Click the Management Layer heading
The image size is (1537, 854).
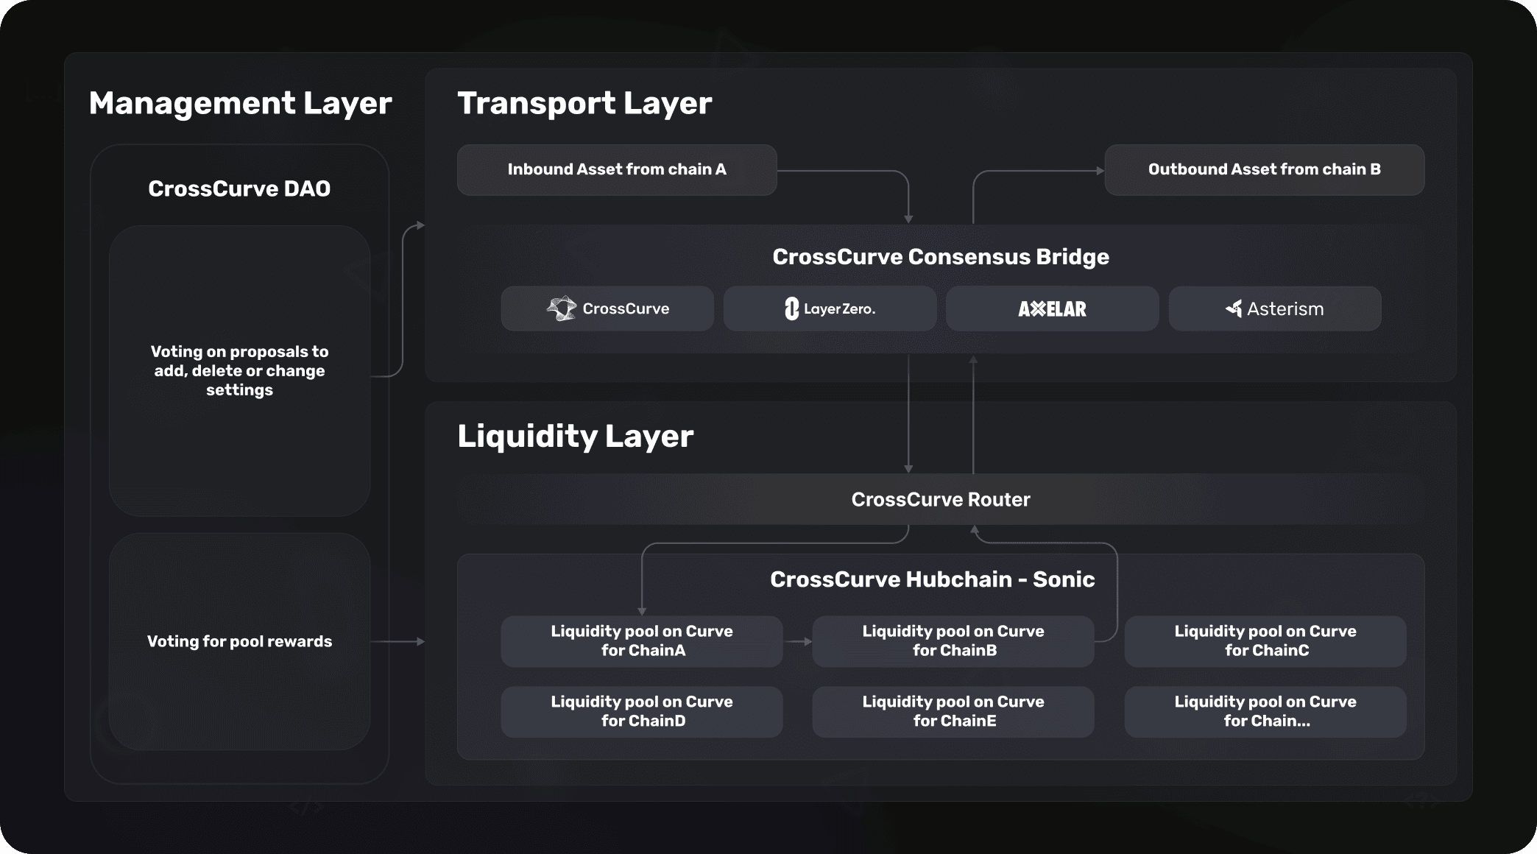point(240,103)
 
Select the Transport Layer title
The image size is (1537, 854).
point(584,103)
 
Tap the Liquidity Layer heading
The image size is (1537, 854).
point(575,436)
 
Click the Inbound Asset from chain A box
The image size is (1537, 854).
point(617,169)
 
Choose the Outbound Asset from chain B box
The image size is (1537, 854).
point(1264,169)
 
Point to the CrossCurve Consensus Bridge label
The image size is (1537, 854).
point(940,256)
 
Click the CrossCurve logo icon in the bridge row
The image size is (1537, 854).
point(562,308)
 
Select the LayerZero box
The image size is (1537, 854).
point(830,308)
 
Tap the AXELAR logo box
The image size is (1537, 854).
point(1052,308)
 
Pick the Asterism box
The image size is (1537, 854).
point(1274,308)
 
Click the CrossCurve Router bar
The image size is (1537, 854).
point(940,499)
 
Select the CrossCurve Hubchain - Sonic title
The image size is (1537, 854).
point(932,579)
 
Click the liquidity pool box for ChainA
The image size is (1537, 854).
point(641,640)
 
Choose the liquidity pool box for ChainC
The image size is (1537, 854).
point(1265,640)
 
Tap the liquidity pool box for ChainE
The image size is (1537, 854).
point(953,711)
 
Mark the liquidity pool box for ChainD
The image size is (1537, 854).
point(641,711)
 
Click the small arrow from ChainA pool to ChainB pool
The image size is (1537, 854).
point(798,641)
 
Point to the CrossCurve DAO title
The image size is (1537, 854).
point(239,188)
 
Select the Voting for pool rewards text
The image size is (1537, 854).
point(239,641)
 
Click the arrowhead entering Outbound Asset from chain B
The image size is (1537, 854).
point(1100,171)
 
